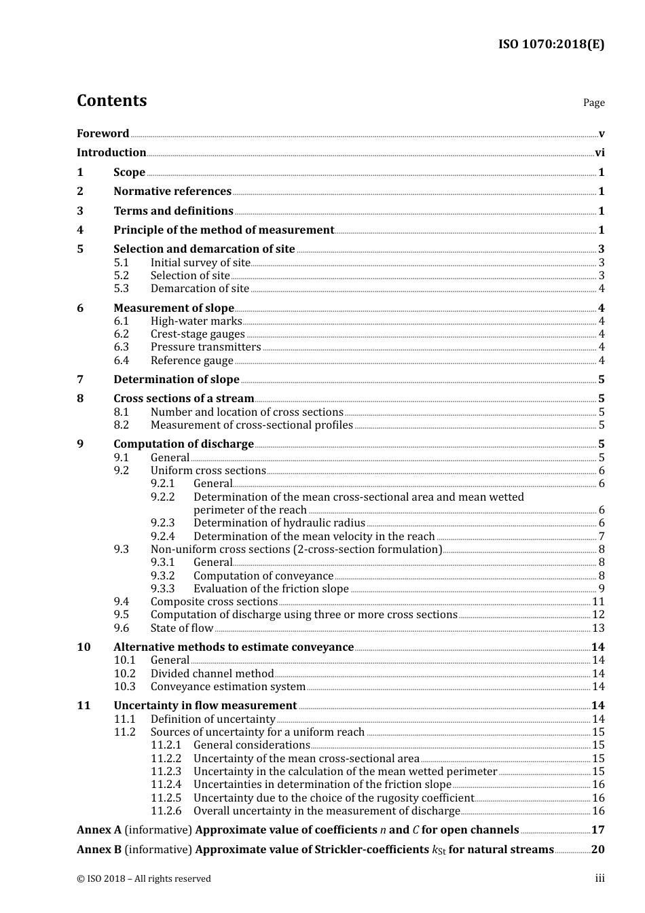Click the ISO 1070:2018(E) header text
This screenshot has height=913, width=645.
click(551, 45)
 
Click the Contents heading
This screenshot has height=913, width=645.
click(111, 101)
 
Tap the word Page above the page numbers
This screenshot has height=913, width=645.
click(593, 103)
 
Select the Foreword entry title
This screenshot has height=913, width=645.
click(103, 134)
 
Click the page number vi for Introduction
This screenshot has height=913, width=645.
click(600, 153)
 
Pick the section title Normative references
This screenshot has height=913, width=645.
click(172, 192)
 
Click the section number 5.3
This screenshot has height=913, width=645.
click(121, 289)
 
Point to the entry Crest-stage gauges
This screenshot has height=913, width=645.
click(198, 334)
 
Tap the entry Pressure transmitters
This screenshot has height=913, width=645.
click(205, 347)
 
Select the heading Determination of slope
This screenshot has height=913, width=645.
click(177, 380)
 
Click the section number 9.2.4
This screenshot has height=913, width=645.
click(163, 537)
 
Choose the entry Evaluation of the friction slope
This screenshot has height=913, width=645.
click(271, 589)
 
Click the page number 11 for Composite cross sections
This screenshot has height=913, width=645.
click(598, 602)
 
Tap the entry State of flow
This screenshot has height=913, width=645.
click(182, 628)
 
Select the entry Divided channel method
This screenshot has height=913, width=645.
click(212, 674)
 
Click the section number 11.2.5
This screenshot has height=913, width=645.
click(166, 798)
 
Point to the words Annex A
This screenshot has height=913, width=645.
click(99, 830)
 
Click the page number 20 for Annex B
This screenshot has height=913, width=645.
click(597, 850)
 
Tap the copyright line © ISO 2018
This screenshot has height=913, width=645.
click(143, 879)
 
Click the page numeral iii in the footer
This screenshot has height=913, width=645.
click(600, 878)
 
